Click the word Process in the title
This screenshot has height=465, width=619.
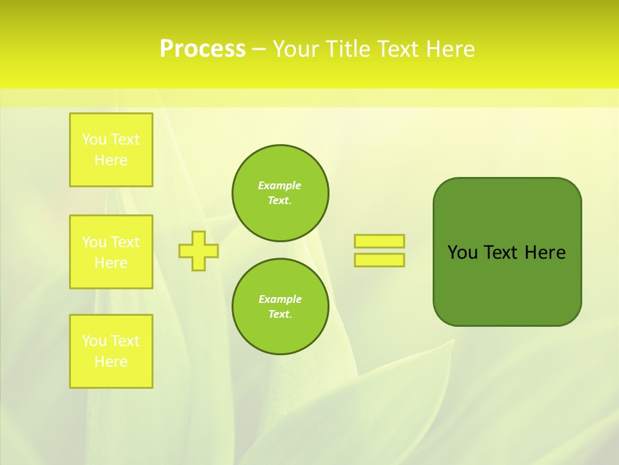point(202,49)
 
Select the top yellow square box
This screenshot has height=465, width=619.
point(111,150)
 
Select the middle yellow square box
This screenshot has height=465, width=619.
point(111,252)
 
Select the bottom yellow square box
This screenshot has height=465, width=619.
point(111,351)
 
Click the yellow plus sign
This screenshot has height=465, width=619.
point(199,251)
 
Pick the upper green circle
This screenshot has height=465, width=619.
point(280,192)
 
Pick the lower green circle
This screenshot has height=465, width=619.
point(280,306)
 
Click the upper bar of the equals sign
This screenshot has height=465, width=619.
point(379,241)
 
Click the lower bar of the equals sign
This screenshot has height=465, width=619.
point(379,260)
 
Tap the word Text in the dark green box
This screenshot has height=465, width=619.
point(500,253)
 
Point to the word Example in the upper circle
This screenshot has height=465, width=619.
point(279,185)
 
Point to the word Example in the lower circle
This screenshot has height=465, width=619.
point(280,299)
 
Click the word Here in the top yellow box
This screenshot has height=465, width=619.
point(111,160)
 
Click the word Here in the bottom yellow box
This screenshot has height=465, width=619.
point(111,362)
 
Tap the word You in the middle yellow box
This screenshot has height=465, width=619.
point(94,242)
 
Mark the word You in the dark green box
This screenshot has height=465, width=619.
point(462,253)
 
